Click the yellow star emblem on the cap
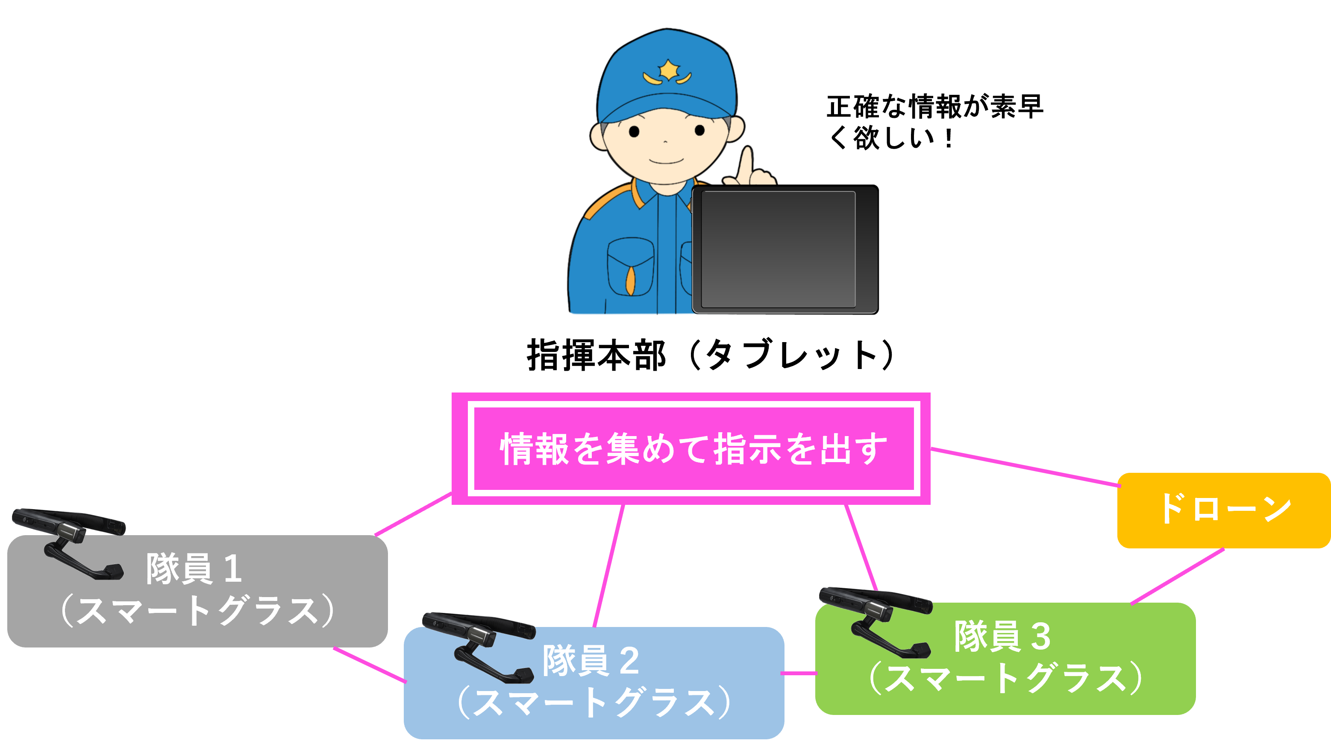(669, 70)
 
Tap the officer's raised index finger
(746, 164)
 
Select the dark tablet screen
(778, 249)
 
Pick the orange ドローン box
(1223, 510)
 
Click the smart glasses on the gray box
(72, 542)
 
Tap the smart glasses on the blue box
(481, 646)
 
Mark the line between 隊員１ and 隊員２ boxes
(370, 665)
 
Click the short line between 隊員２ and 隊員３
(799, 673)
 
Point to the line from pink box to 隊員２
(608, 565)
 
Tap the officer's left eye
(634, 132)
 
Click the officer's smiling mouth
(666, 161)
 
